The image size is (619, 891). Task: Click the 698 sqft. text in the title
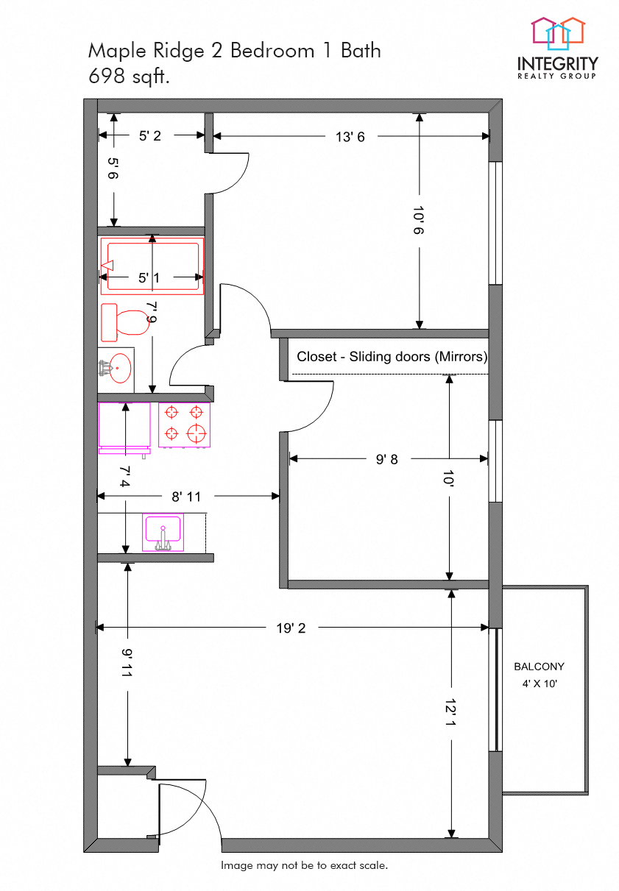(129, 75)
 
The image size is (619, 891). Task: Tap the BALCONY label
(539, 667)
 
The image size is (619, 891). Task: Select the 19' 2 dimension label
(291, 628)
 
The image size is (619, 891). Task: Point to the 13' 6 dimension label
(350, 136)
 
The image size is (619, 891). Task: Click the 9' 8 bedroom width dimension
(386, 459)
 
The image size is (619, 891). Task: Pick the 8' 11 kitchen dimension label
(185, 497)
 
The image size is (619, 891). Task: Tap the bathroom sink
(116, 367)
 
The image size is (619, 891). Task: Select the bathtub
(152, 266)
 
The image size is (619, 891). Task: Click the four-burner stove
(184, 424)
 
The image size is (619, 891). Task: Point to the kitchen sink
(163, 532)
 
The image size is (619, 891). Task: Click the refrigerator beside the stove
(124, 425)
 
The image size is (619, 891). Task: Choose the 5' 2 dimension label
(149, 135)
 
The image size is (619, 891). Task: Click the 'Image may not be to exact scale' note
(304, 865)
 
